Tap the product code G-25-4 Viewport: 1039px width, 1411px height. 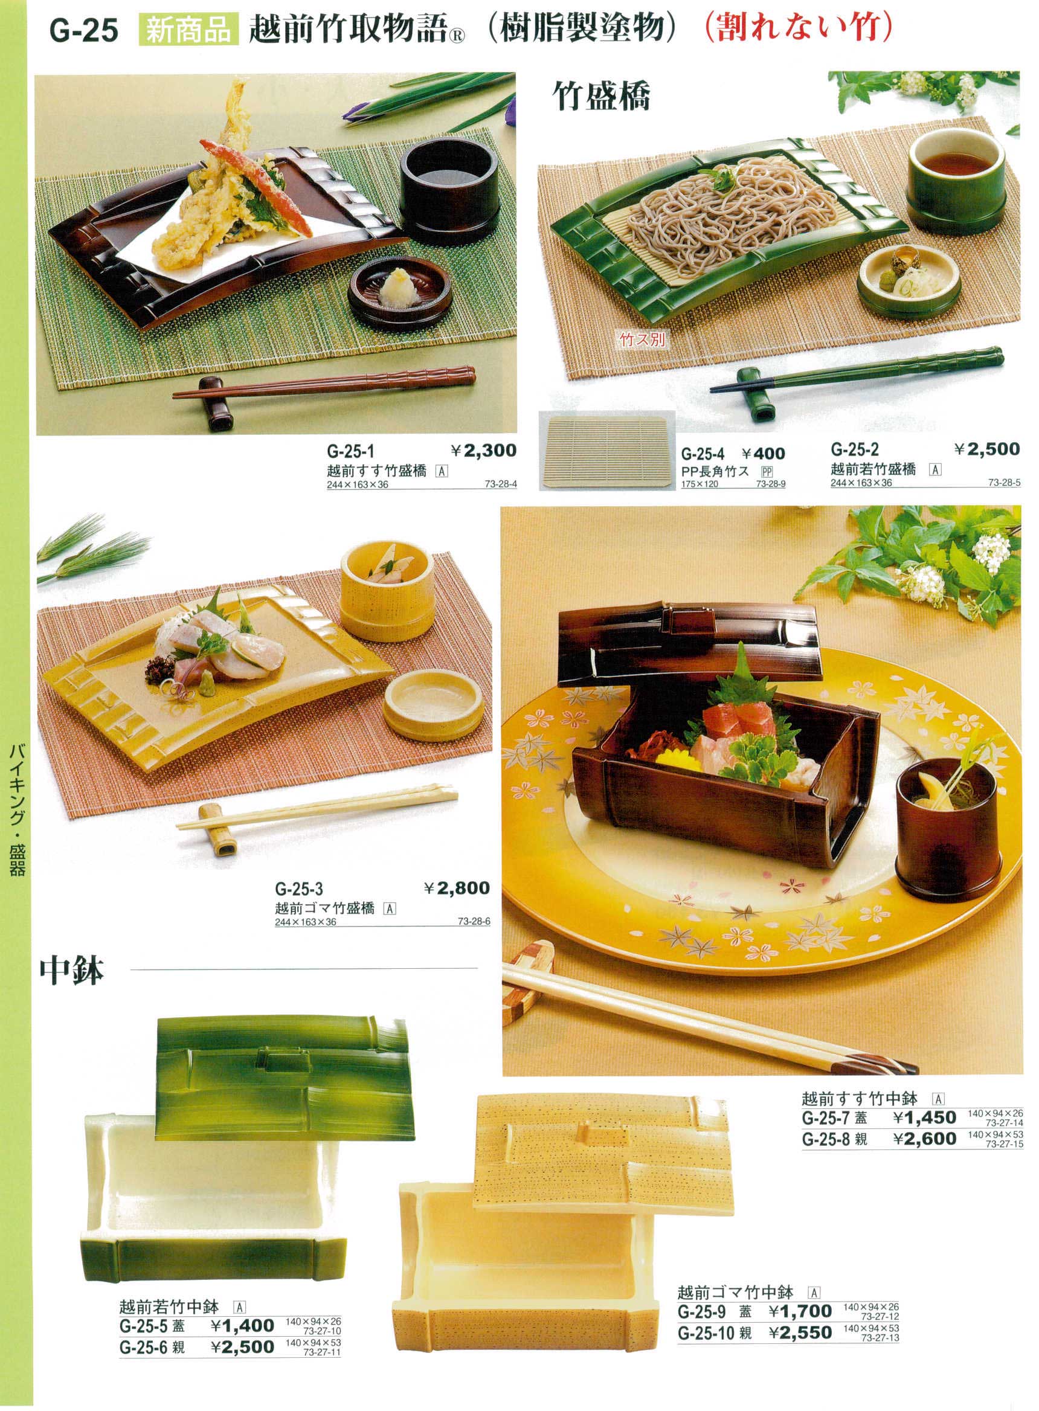point(703,454)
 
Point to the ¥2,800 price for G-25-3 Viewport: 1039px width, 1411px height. point(457,889)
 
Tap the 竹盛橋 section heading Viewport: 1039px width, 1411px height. point(601,96)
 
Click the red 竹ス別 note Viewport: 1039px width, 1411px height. point(642,340)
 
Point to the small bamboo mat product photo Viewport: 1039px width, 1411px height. point(607,450)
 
